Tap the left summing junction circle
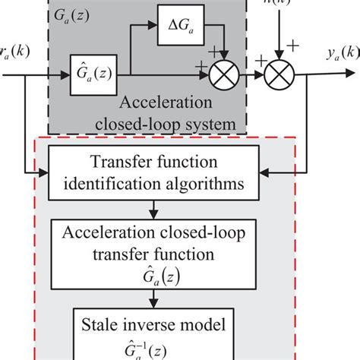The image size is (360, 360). (226, 77)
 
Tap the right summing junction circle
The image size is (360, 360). (278, 77)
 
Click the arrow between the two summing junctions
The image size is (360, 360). (252, 77)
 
